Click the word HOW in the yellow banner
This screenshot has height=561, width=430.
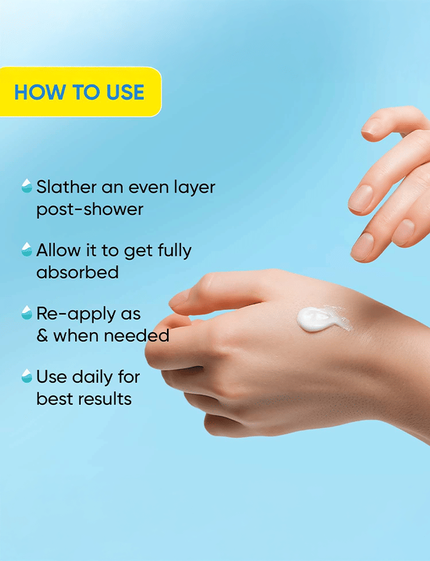point(40,92)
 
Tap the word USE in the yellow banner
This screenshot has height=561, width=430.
point(125,92)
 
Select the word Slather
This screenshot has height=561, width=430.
point(67,187)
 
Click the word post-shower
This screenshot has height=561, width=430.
point(89,210)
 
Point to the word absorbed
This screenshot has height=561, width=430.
point(78,273)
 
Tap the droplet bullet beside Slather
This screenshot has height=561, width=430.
point(27,186)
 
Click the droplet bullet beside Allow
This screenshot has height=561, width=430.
point(27,249)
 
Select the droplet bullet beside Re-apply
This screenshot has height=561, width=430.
point(27,312)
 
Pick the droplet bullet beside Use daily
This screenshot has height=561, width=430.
point(27,376)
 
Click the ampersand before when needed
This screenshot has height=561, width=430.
point(43,336)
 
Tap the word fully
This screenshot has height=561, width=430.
point(175,251)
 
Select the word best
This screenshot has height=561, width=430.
point(55,399)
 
